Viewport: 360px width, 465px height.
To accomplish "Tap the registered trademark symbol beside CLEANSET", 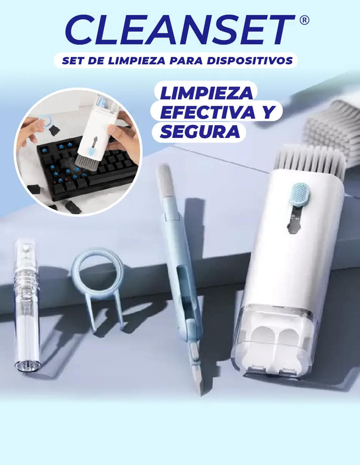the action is click(x=304, y=20).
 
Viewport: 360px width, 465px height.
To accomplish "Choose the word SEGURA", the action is click(x=200, y=131).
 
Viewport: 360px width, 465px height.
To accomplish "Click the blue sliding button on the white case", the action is click(x=300, y=194).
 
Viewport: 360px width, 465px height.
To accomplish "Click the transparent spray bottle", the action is click(x=27, y=305).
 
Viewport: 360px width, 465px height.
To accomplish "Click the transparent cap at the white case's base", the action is click(x=273, y=341).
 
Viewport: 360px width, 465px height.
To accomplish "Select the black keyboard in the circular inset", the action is click(x=87, y=168).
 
